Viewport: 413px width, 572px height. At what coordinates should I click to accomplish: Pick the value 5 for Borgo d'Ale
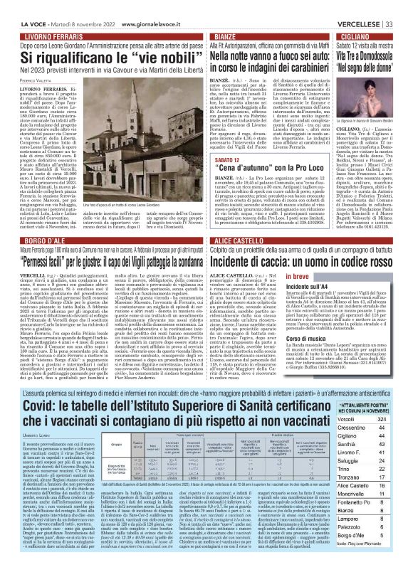click(x=400, y=556)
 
